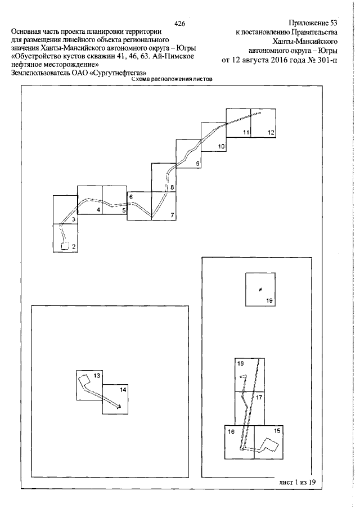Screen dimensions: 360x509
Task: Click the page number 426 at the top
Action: (179, 24)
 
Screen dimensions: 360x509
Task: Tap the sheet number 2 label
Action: (74, 247)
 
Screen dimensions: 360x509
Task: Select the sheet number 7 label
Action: (172, 215)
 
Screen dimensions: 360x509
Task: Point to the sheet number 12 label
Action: (271, 132)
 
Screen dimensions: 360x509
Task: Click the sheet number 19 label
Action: (269, 300)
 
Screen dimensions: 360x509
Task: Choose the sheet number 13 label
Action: (97, 376)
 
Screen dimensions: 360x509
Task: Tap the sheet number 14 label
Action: (123, 390)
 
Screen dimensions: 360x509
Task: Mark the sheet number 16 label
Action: (231, 431)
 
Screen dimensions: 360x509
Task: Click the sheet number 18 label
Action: (241, 363)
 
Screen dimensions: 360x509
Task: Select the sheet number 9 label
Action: (197, 164)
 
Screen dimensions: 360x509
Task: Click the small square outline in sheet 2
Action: (65, 246)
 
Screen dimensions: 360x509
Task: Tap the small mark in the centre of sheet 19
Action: (260, 289)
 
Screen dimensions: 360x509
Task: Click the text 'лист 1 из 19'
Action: (298, 482)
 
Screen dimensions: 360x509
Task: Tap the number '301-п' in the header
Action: (328, 61)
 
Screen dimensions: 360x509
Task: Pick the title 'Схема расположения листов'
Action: (172, 79)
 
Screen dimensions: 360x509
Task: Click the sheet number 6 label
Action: (131, 197)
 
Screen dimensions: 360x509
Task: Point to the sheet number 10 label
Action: (222, 146)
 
